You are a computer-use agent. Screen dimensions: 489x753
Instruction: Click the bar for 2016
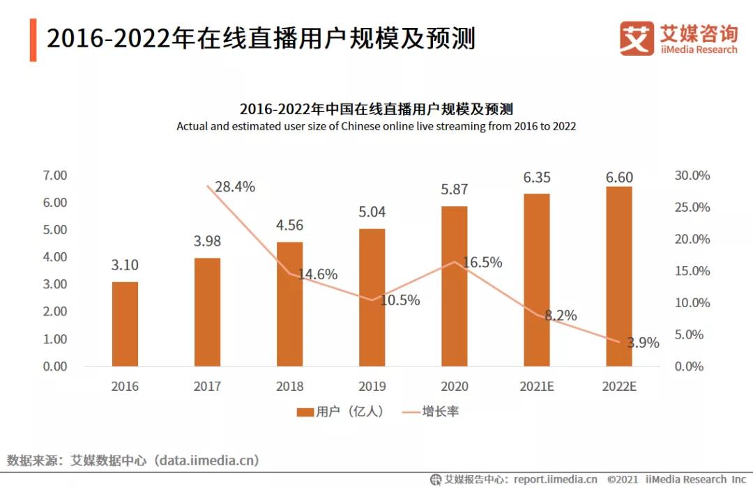125,324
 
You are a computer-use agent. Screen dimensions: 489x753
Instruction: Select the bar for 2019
372,297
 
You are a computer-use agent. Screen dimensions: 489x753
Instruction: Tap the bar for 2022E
618,276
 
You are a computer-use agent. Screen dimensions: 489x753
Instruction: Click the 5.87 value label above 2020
454,189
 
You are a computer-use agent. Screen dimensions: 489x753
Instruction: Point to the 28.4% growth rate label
235,187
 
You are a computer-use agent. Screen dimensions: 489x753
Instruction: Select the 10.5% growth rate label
400,300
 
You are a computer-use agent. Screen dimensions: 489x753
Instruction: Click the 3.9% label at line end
642,342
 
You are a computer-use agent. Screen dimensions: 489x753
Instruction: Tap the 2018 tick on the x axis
289,387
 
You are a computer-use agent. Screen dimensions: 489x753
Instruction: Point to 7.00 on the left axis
55,175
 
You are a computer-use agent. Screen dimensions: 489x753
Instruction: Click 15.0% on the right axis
692,271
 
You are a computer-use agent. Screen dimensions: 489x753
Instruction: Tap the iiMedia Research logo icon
637,38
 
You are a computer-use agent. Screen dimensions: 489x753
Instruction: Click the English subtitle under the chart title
376,127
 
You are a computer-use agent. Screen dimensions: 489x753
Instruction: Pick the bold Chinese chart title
376,109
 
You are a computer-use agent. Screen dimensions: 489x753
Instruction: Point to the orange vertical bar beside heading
33,40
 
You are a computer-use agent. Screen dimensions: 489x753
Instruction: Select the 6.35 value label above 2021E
537,177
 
